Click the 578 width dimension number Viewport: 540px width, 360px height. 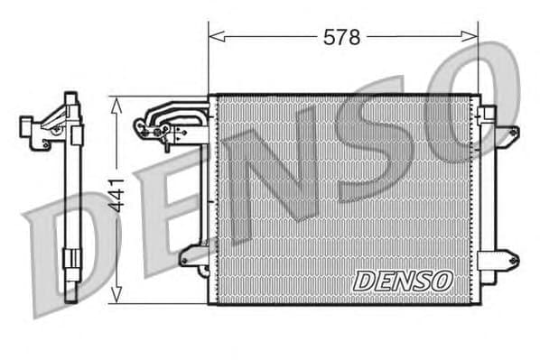(x=342, y=37)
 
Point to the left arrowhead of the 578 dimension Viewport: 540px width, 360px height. (x=213, y=37)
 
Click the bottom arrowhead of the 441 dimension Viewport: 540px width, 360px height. (x=116, y=297)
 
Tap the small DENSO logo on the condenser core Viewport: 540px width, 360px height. (x=402, y=281)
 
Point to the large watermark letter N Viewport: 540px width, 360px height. (x=271, y=171)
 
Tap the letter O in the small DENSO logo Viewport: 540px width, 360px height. (x=441, y=281)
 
